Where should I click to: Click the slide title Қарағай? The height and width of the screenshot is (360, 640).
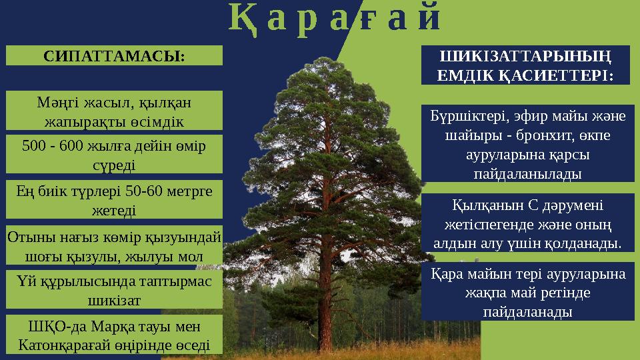click(335, 20)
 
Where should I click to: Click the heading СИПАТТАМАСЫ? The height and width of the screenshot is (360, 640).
click(113, 56)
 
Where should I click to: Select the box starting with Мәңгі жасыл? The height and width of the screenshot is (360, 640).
click(113, 111)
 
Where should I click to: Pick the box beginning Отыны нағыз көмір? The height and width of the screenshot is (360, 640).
click(113, 245)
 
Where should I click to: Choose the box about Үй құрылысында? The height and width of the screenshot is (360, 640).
click(113, 290)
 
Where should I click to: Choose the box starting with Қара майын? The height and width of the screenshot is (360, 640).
click(525, 291)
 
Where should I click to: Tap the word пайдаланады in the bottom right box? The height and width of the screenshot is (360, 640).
click(526, 311)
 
